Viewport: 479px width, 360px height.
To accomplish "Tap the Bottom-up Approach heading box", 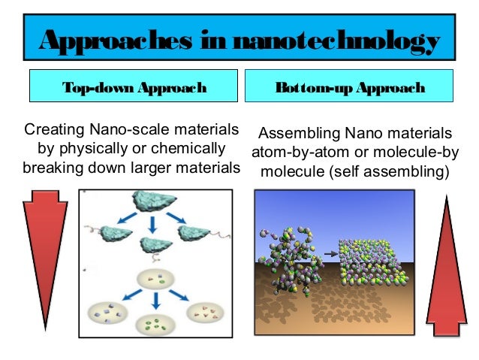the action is point(351,88).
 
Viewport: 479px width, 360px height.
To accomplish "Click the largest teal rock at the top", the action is point(152,200).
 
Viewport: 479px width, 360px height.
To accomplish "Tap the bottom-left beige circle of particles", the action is point(108,313).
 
